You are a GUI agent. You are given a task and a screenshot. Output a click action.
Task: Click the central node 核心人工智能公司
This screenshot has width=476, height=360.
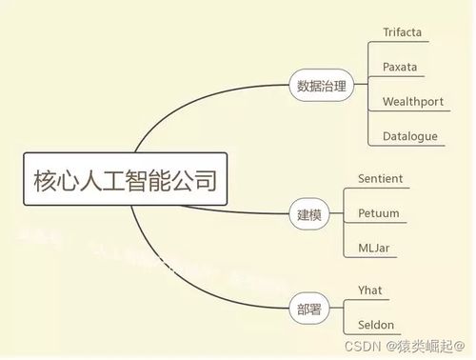[124, 178]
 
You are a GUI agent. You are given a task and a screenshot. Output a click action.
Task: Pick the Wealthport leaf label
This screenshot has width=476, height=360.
[413, 101]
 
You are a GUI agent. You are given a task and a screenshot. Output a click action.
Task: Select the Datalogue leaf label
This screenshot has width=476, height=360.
[410, 135]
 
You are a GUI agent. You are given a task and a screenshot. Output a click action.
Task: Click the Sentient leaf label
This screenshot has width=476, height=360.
[380, 179]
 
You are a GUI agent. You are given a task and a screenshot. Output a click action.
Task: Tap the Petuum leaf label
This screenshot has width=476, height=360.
[378, 213]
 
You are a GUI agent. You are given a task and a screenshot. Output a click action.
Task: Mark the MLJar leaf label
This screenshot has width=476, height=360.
[373, 248]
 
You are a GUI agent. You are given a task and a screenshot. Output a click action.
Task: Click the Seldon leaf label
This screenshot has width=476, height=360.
[375, 324]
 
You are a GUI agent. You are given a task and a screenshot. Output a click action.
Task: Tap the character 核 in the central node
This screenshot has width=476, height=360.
[46, 178]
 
